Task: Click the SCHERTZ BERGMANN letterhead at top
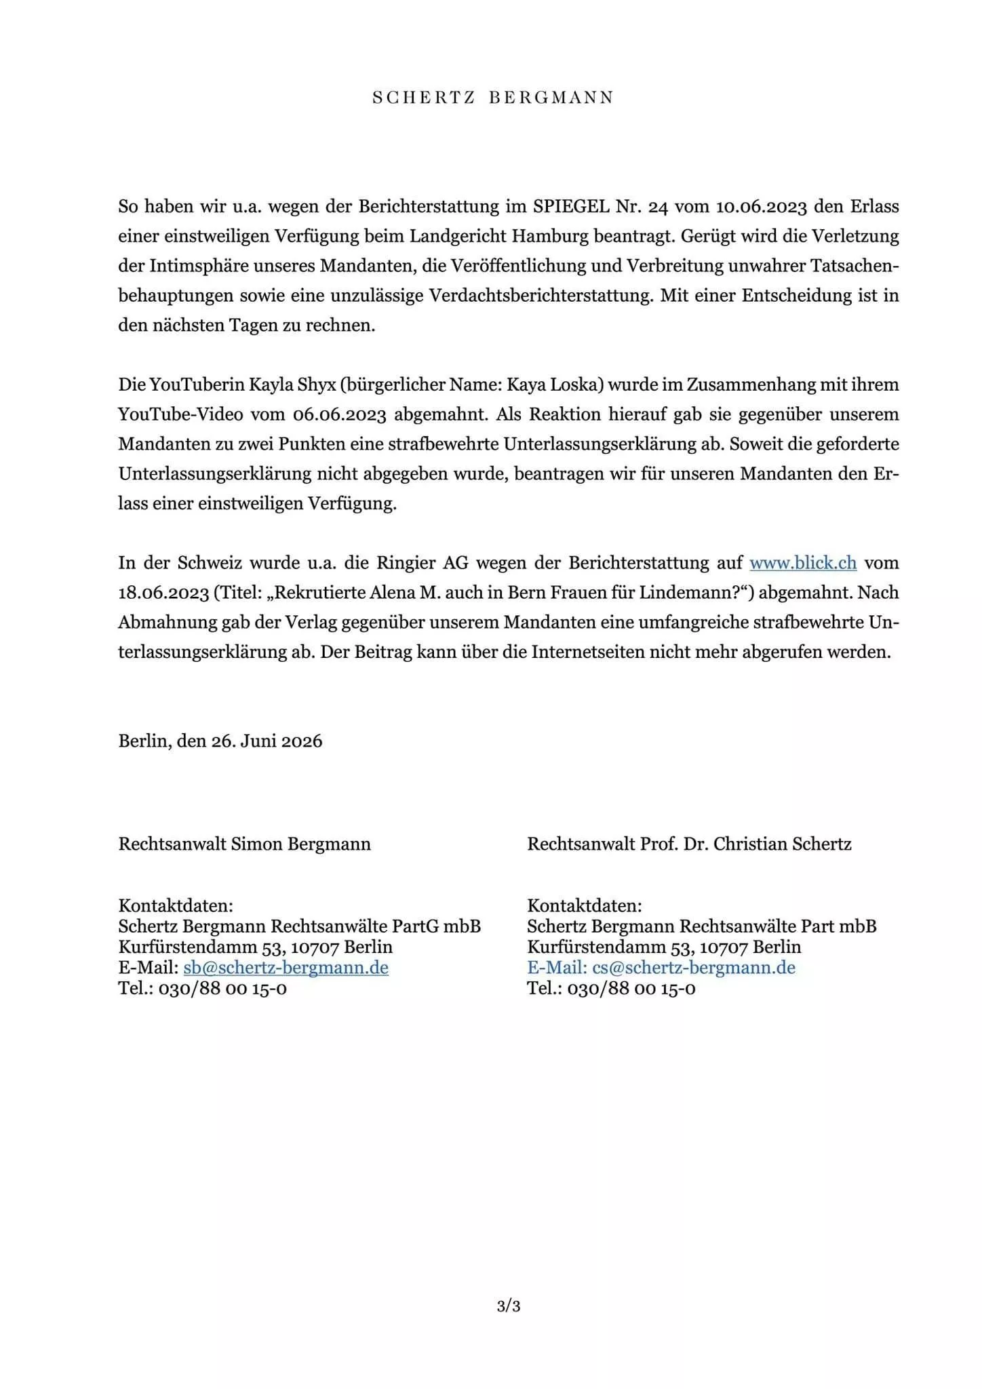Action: (x=493, y=98)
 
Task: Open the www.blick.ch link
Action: (x=803, y=563)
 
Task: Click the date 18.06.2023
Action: (x=163, y=593)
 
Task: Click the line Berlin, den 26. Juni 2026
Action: (x=220, y=741)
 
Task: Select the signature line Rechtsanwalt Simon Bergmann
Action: (x=245, y=844)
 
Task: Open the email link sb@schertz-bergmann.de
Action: (x=286, y=967)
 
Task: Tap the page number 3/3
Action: (x=509, y=1306)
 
